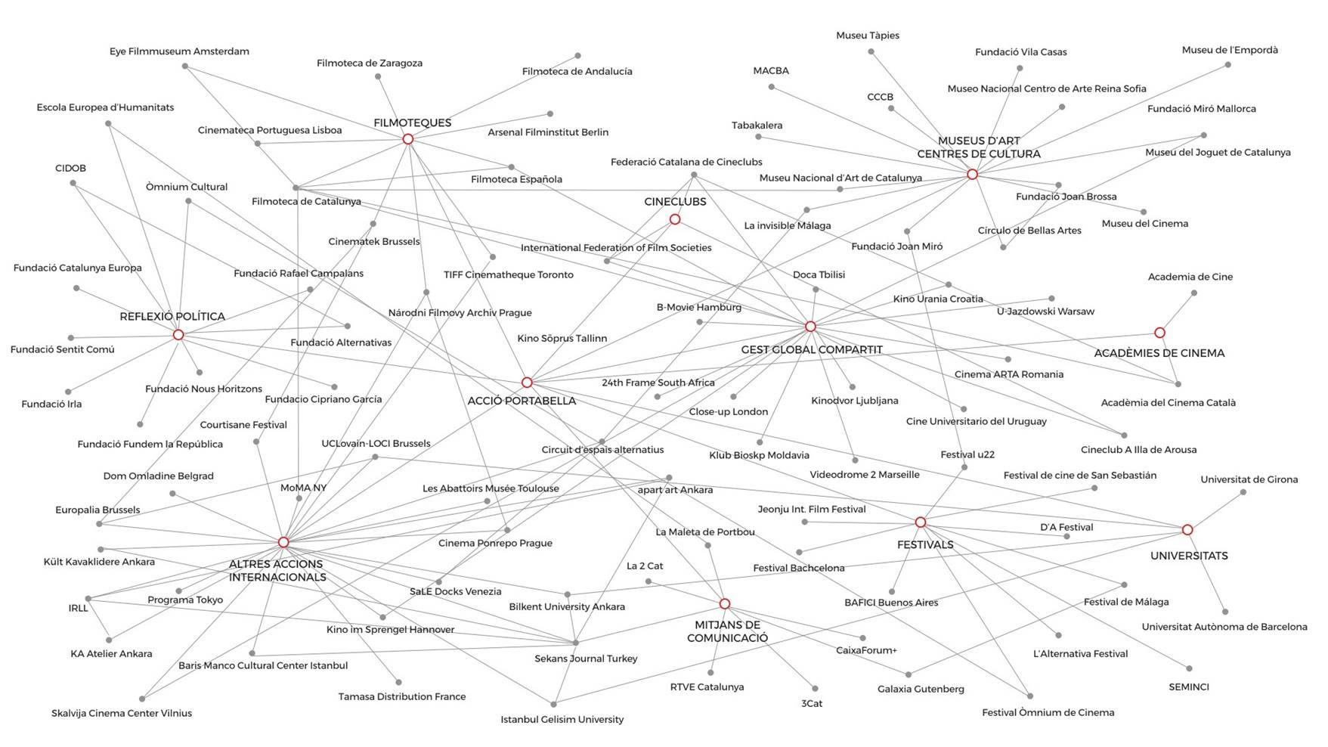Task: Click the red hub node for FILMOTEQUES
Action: pos(408,139)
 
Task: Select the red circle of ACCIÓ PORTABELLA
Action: pos(527,383)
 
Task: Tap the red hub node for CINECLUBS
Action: pos(675,219)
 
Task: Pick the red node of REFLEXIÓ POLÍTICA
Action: pos(178,335)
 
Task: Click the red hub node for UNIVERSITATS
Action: pos(1187,530)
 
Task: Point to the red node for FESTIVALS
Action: pos(920,522)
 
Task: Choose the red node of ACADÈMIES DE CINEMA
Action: pos(1159,333)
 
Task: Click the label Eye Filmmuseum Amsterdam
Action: pos(179,51)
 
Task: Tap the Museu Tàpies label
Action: pos(867,36)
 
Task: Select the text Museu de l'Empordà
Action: pos(1230,50)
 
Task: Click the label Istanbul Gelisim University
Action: pos(562,720)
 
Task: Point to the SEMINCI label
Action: pos(1188,687)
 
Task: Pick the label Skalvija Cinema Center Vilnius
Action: pos(122,713)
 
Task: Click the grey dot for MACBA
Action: pos(771,87)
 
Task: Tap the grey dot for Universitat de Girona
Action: pos(1243,492)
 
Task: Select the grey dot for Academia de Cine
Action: pos(1193,293)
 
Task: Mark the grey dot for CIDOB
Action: pos(73,183)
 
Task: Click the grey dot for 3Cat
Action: pos(815,689)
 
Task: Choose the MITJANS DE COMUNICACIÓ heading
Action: pos(727,631)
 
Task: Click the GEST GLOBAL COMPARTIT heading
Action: pos(811,350)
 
